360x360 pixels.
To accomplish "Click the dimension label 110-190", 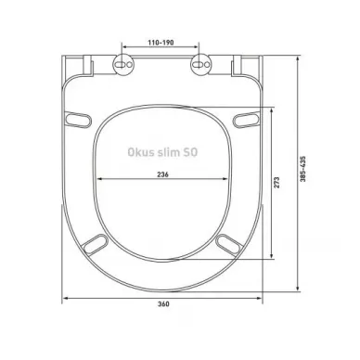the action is [x=161, y=43].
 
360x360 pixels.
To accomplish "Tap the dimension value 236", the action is [x=162, y=174].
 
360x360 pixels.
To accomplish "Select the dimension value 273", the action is [x=276, y=183].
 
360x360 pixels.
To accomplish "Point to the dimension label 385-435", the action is [x=302, y=169].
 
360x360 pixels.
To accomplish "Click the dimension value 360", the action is [x=163, y=304].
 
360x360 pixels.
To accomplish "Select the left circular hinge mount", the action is [x=124, y=64].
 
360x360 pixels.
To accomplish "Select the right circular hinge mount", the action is [x=201, y=64].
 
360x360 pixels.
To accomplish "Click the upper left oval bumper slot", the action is [x=78, y=120].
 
